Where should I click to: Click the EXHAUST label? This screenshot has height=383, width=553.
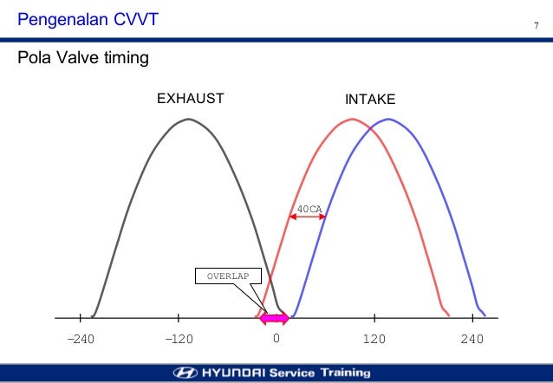[x=190, y=99]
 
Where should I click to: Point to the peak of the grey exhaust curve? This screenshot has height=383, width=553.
[x=189, y=119]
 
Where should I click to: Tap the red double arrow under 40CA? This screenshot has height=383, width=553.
[x=307, y=217]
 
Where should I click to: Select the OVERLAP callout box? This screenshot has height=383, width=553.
[x=228, y=277]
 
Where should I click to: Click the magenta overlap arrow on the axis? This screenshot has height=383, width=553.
[x=274, y=318]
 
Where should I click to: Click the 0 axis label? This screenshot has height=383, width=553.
[x=276, y=338]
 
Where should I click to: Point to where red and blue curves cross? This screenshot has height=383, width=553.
[x=372, y=129]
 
